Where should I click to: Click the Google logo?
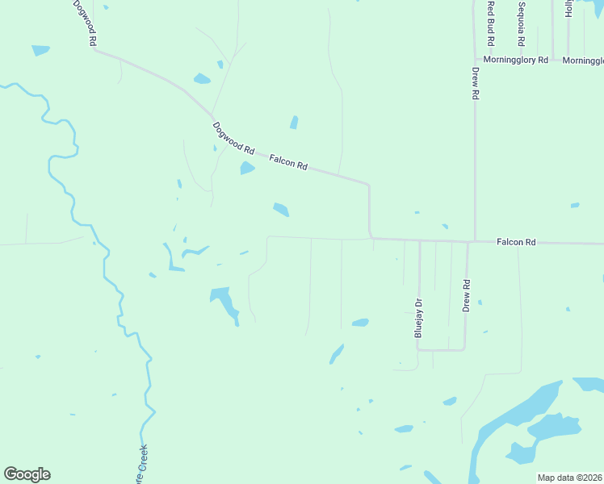(27, 474)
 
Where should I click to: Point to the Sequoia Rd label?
(522, 24)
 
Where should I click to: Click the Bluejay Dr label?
(418, 318)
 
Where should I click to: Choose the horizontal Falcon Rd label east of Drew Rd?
(516, 242)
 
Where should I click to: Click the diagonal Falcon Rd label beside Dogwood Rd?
(288, 162)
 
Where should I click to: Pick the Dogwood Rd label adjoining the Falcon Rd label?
(233, 138)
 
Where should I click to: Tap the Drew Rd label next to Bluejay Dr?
(466, 296)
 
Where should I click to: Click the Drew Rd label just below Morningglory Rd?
(476, 82)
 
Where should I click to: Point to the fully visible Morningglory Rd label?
(515, 60)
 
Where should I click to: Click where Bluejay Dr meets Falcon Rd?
(419, 240)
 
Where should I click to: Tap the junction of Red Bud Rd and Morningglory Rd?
(490, 59)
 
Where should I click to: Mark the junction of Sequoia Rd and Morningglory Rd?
(522, 59)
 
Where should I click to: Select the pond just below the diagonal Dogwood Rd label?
(247, 168)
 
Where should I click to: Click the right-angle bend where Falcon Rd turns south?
(369, 184)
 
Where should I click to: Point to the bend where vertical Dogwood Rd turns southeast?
(95, 50)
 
